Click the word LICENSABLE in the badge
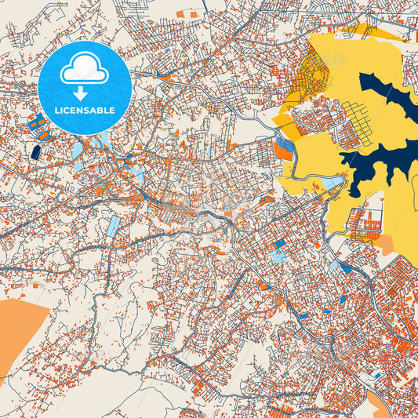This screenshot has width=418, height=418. [x=84, y=111]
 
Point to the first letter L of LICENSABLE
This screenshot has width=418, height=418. [x=56, y=111]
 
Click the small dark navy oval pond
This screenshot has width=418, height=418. [x=35, y=151]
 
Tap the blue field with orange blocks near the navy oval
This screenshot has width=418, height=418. [x=36, y=123]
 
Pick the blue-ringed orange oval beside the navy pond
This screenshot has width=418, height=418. [x=43, y=135]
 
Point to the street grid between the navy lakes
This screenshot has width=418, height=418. [x=365, y=125]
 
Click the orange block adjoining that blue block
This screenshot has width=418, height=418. [x=284, y=154]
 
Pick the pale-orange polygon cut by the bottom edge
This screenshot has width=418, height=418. [x=380, y=406]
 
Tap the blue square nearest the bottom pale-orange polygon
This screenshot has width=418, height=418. [x=377, y=376]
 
